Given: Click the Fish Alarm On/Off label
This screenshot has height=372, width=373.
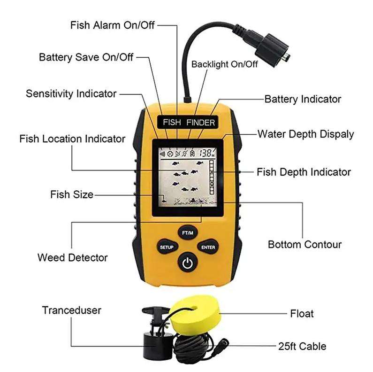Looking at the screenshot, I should [112, 24].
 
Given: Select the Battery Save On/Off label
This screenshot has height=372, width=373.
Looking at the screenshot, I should [86, 57].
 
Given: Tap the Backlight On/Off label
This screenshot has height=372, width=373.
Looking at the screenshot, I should [224, 64].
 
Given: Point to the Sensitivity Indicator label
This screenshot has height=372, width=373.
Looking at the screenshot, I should [71, 93].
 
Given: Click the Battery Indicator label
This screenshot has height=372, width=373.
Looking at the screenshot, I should [303, 99].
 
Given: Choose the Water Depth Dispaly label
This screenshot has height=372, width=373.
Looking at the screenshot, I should [305, 134].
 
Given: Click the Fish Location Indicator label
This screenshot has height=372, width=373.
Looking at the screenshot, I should [72, 139].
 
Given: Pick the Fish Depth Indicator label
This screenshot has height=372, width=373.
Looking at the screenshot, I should [304, 172].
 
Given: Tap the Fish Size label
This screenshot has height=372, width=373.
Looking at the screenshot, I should [72, 194].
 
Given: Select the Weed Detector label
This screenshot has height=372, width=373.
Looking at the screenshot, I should [72, 257].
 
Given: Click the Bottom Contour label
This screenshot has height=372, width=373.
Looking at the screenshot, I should [304, 244].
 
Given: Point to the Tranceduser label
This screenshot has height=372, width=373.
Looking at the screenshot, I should [71, 310].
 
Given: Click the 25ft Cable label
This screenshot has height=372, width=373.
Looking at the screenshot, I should [301, 347].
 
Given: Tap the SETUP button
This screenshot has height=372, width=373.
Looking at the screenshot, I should [167, 247].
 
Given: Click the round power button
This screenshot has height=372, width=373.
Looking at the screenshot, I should [187, 263].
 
